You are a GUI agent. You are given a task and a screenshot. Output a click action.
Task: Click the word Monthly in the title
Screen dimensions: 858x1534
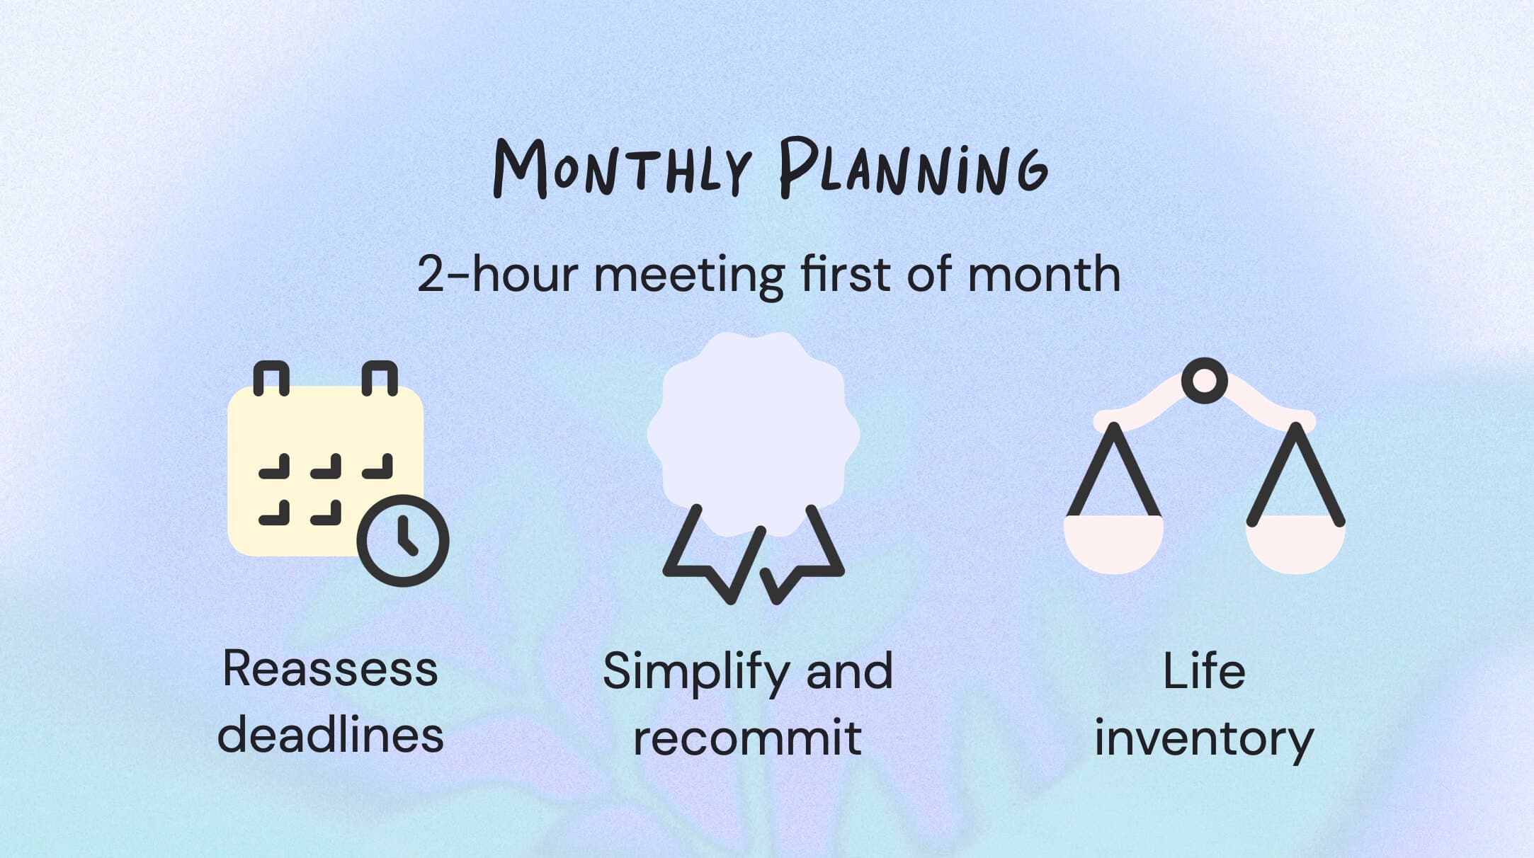point(622,168)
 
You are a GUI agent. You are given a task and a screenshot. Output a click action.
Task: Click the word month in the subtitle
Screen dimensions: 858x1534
point(1044,274)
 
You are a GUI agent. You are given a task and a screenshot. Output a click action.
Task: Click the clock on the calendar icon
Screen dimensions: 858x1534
point(403,541)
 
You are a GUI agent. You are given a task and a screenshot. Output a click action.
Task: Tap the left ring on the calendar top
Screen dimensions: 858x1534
point(271,378)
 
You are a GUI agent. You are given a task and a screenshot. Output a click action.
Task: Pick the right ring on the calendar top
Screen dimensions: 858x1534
point(380,378)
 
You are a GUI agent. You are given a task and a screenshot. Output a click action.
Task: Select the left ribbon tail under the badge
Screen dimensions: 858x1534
point(712,556)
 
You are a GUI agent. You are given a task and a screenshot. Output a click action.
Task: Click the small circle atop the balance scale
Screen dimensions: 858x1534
point(1204,380)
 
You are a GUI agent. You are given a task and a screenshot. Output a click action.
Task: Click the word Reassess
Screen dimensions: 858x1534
point(330,668)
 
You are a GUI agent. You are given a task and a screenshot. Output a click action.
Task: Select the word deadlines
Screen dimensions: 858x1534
point(330,735)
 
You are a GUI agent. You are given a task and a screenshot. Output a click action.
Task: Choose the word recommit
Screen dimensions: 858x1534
point(747,738)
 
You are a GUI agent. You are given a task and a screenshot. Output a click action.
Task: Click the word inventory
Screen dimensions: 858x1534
point(1204,739)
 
